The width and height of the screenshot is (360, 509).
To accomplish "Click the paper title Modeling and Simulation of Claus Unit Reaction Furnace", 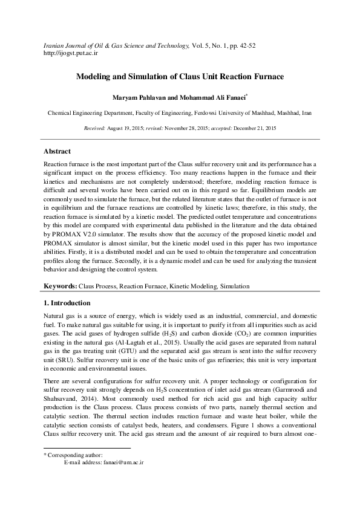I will point(180,77).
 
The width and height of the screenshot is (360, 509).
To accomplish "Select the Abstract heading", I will point(57,151).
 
